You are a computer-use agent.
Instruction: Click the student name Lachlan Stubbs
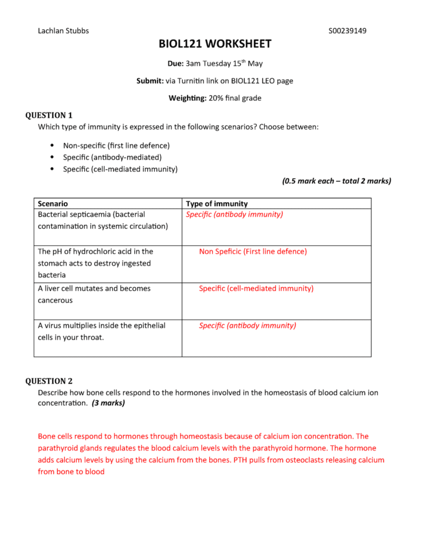[63, 30]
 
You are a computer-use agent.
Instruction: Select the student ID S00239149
[347, 30]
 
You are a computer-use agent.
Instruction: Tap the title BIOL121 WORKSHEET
[215, 45]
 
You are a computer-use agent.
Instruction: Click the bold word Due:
[175, 64]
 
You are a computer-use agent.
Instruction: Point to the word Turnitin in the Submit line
[193, 81]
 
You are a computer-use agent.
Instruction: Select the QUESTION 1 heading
[49, 115]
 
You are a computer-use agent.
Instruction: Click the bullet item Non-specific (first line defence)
[116, 146]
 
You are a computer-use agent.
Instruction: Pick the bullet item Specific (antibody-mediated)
[112, 157]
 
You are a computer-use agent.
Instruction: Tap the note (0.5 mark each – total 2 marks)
[336, 181]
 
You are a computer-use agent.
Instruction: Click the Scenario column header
[53, 203]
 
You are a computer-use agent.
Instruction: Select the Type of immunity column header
[217, 203]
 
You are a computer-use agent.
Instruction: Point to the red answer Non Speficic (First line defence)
[253, 251]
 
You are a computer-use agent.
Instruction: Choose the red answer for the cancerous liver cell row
[256, 288]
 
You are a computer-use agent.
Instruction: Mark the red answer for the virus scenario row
[248, 326]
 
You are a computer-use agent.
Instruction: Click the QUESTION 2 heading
[49, 381]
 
